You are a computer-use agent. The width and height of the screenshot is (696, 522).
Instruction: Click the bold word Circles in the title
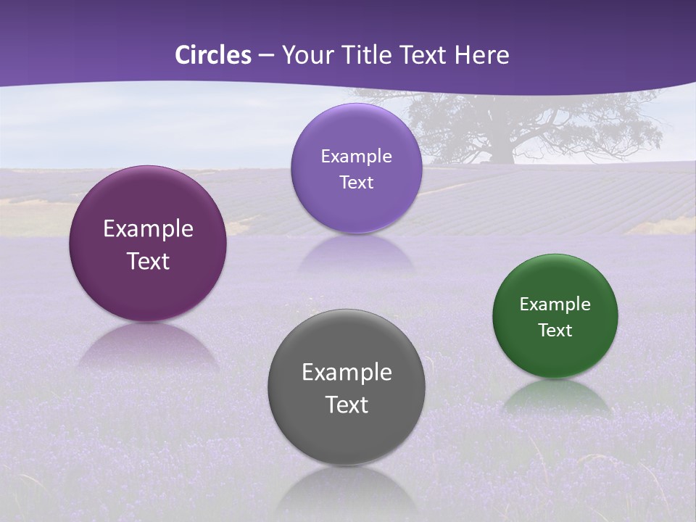click(213, 55)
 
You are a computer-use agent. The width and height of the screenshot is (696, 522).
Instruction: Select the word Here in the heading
click(481, 55)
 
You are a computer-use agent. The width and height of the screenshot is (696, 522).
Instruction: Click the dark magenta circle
click(148, 244)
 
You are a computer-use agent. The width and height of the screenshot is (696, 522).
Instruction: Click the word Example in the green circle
click(555, 304)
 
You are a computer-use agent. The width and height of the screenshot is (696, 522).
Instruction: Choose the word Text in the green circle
click(555, 331)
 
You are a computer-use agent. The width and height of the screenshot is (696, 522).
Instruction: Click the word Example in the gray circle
click(347, 373)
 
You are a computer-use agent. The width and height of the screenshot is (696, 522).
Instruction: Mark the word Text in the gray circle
click(347, 405)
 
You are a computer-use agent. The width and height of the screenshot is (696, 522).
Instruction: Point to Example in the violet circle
click(356, 157)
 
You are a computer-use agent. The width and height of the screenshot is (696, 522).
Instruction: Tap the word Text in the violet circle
click(356, 183)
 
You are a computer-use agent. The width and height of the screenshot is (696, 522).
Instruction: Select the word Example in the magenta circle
click(148, 229)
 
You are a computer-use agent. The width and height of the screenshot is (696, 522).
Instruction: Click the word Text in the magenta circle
click(148, 261)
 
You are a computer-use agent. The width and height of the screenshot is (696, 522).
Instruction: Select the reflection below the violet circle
click(356, 254)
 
